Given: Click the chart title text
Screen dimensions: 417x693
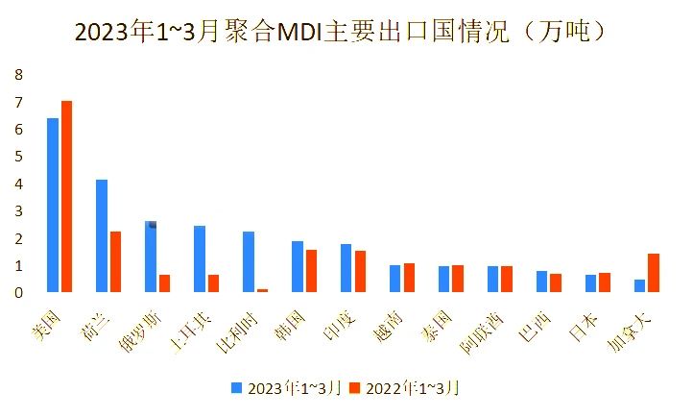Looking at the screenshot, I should coord(341,33).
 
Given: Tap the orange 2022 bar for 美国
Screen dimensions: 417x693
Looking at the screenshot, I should coord(66,196).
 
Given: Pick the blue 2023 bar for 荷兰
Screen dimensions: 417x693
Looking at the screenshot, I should coord(102,235).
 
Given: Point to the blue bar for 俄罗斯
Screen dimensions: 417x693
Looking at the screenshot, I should coord(151,257).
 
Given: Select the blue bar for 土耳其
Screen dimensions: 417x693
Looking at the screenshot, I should coord(200,258).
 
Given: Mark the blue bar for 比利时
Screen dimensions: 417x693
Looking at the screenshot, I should coord(249,261).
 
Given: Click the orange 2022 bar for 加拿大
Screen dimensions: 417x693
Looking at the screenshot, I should coord(654,272).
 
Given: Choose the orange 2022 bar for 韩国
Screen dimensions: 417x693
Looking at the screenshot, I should coord(311,270).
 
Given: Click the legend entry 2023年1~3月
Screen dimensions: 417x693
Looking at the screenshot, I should coord(285,388).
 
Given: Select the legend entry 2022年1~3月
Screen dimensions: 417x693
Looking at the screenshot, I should coord(403,388).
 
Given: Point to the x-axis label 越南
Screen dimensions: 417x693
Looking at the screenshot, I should coord(387,322).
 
